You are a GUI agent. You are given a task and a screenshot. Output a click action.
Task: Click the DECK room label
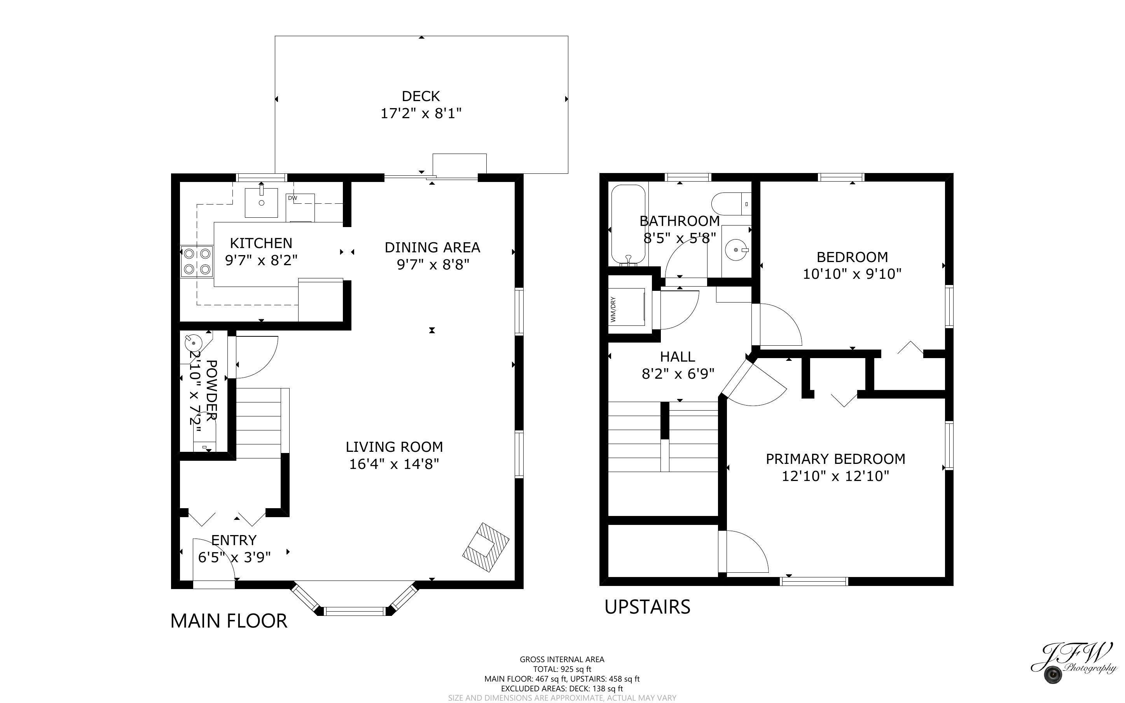coord(421,96)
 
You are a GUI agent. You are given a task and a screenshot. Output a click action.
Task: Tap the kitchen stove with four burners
coord(197,261)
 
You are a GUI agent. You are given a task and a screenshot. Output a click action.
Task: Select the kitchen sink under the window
coord(261,203)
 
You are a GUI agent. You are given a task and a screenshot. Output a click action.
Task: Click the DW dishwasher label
coord(292,198)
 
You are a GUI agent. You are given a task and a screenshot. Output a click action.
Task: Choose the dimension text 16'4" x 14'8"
coord(394,464)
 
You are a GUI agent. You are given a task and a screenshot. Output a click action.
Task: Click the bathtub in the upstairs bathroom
coord(628,225)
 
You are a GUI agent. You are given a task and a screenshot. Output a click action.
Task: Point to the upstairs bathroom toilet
coord(731,204)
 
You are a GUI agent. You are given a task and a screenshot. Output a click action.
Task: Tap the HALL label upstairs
coord(678,357)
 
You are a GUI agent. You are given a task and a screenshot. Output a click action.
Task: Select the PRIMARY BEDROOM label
coord(835,459)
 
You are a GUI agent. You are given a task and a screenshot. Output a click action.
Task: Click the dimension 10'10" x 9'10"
coord(852,274)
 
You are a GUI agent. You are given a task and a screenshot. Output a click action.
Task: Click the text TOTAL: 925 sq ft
coord(562,670)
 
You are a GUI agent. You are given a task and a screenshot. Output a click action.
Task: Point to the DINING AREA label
coord(432,247)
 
